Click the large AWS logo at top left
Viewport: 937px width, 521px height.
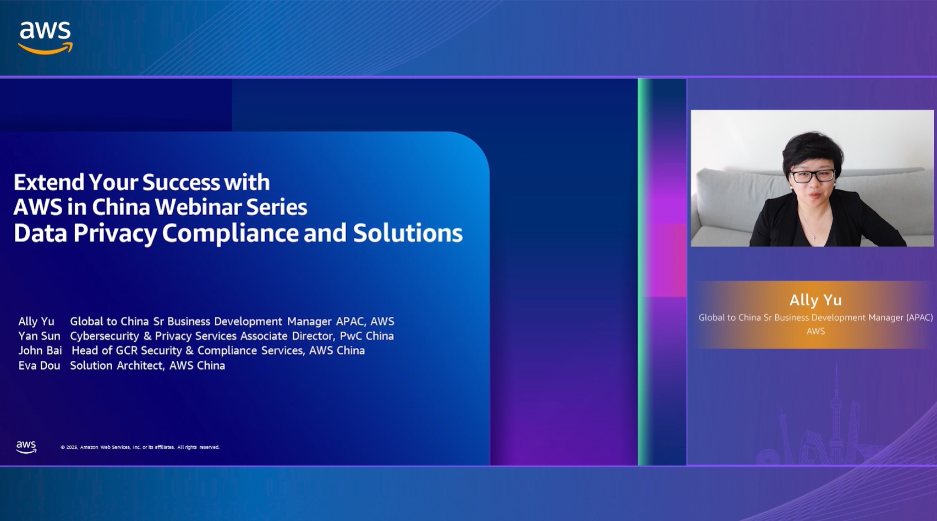(45, 37)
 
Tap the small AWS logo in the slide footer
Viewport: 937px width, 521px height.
(26, 447)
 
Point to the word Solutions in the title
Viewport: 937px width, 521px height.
(408, 233)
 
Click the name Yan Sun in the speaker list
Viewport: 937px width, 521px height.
(39, 336)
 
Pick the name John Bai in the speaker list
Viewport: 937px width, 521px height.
(40, 350)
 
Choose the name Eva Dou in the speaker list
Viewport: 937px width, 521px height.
(39, 365)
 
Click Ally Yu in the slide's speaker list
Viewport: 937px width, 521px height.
(36, 321)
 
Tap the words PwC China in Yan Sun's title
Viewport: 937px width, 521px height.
(367, 336)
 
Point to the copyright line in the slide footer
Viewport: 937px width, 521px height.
(140, 447)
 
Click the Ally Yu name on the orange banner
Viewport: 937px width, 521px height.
(815, 300)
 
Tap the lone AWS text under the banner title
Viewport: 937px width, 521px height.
(815, 331)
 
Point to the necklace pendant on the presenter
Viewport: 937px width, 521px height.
(814, 238)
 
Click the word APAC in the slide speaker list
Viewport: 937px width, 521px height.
(350, 321)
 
